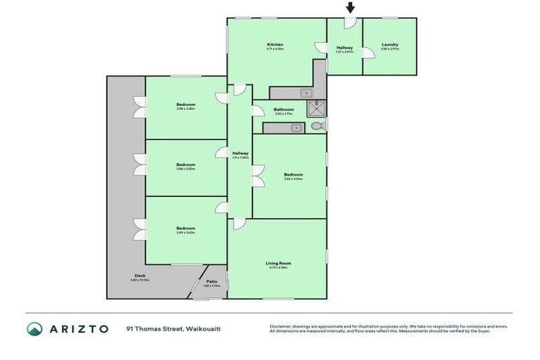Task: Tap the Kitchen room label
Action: pyautogui.click(x=275, y=45)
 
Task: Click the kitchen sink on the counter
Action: pyautogui.click(x=307, y=92)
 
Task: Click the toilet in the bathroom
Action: pyautogui.click(x=317, y=127)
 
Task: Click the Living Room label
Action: pyautogui.click(x=279, y=264)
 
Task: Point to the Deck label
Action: pyautogui.click(x=139, y=276)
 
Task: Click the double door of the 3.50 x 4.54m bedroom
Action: pyautogui.click(x=258, y=176)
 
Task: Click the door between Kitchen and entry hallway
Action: pyautogui.click(x=321, y=48)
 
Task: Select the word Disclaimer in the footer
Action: pyautogui.click(x=281, y=326)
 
